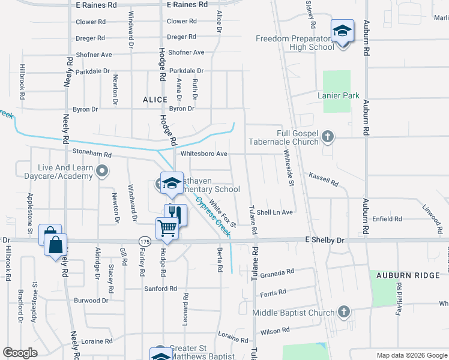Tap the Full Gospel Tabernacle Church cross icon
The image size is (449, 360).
(327, 137)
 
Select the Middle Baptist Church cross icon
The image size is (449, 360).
(343, 312)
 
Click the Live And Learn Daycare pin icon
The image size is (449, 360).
(101, 172)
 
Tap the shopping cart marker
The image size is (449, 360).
(167, 227)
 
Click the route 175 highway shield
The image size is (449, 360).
(144, 241)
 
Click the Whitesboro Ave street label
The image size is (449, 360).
(204, 154)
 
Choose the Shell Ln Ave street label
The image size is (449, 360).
(274, 212)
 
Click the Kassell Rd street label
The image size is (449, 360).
(324, 179)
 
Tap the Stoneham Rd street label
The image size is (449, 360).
(92, 154)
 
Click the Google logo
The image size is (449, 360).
(20, 352)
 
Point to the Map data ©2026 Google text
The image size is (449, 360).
(411, 355)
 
